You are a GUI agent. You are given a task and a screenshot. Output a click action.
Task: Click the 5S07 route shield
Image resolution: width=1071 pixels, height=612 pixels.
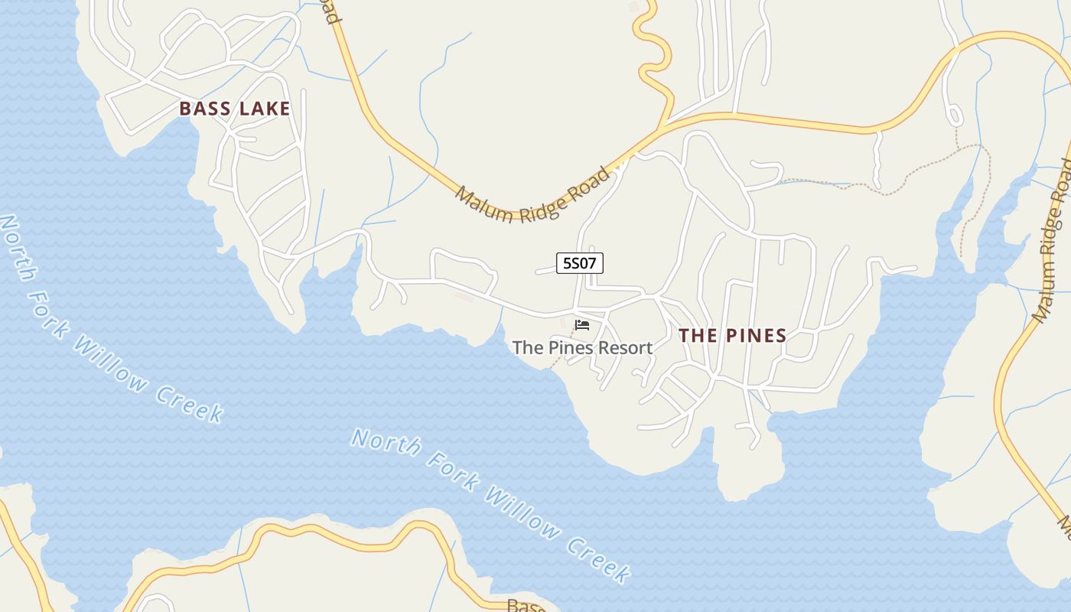[580, 264]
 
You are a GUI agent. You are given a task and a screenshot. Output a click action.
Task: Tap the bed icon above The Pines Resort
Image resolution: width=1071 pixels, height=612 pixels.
[582, 325]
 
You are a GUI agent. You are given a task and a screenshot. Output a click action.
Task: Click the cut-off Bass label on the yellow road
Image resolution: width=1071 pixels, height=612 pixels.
[526, 606]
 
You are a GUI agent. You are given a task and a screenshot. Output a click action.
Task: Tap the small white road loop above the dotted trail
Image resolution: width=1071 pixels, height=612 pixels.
[954, 116]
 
